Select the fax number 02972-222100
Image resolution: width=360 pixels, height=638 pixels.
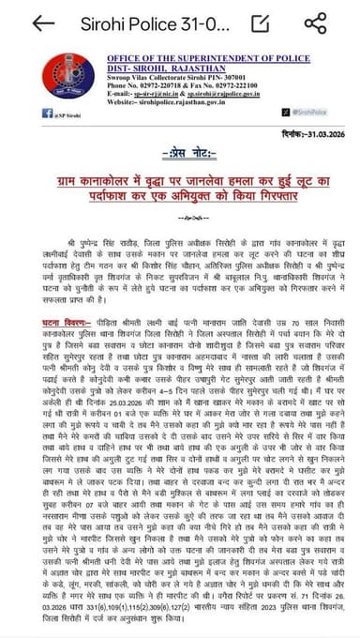(x=229, y=87)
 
